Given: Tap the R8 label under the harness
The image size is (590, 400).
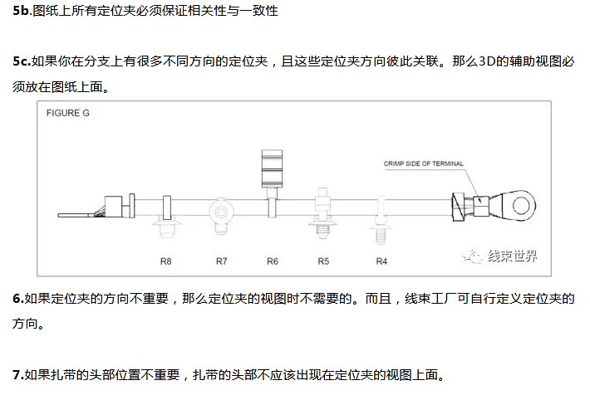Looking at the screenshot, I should pyautogui.click(x=166, y=261).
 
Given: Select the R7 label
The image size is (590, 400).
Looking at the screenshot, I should pyautogui.click(x=221, y=261).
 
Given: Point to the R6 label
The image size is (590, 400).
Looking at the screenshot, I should pyautogui.click(x=272, y=261).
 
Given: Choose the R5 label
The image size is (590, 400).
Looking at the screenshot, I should pyautogui.click(x=323, y=261).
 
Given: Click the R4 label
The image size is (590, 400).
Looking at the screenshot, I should pyautogui.click(x=381, y=261).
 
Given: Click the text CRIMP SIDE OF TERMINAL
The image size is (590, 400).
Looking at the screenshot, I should pyautogui.click(x=424, y=163).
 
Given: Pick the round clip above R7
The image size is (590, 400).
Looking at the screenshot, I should pyautogui.click(x=221, y=211).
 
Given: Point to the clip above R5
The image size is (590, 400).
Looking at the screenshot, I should pyautogui.click(x=323, y=213).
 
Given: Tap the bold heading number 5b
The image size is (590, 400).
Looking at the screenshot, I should pyautogui.click(x=22, y=11).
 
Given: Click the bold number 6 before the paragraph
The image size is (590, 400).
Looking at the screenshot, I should pyautogui.click(x=17, y=298).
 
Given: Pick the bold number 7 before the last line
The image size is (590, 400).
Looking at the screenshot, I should pyautogui.click(x=17, y=374).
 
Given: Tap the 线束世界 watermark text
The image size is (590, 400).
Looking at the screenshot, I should pyautogui.click(x=512, y=256).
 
